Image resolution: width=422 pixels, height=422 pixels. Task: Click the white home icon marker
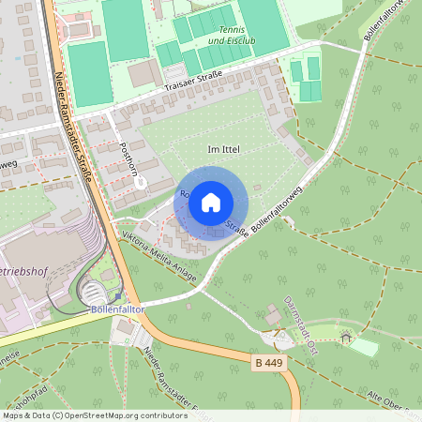211,203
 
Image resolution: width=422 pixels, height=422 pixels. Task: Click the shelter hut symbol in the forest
345,338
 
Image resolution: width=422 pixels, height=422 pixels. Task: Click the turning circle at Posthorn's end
140,183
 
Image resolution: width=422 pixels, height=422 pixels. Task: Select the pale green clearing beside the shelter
362,347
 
